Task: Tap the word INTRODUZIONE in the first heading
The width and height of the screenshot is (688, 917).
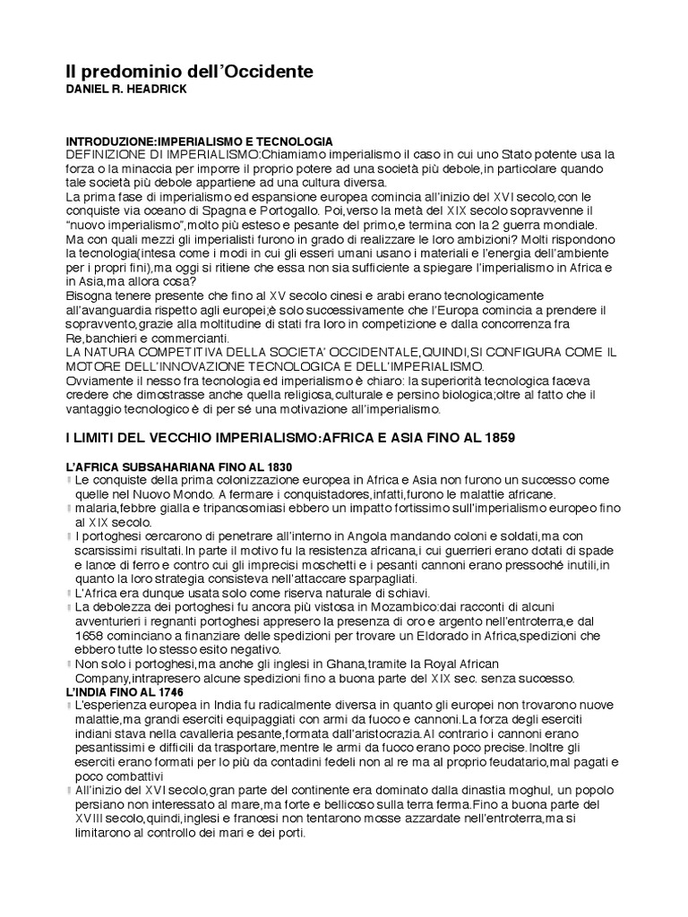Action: coord(106,141)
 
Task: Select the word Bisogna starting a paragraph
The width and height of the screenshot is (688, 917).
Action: coord(89,296)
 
